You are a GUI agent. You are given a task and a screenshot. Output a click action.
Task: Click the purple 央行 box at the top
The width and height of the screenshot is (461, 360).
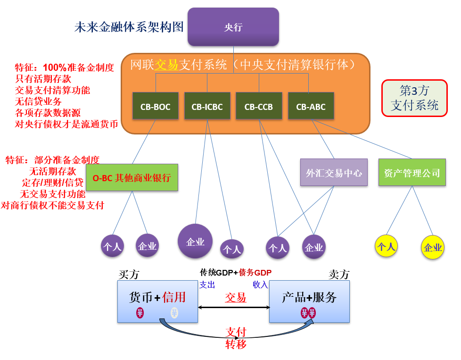coord(233,27)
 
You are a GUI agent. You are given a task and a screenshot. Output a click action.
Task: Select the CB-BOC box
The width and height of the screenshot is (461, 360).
coord(155,107)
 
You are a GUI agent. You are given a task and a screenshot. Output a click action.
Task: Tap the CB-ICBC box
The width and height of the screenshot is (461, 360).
coord(207,107)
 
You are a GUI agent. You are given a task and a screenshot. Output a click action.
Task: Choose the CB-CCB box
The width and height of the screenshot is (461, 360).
coord(259,107)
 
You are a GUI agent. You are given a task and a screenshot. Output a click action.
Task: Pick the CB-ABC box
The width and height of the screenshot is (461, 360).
coord(311,107)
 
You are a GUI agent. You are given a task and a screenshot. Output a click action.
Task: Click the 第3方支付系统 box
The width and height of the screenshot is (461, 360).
coord(414,98)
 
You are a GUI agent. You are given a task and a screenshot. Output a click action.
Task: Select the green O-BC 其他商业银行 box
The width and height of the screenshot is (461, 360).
coord(132,178)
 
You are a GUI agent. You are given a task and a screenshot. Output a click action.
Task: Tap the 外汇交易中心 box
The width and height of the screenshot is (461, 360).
coord(334,173)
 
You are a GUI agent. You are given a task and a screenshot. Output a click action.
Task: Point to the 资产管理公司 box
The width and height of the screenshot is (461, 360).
coord(412,173)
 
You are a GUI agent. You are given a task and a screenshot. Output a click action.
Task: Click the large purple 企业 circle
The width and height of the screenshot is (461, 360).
coord(195,242)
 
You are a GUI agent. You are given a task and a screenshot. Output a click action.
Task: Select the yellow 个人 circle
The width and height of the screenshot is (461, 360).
coord(386,246)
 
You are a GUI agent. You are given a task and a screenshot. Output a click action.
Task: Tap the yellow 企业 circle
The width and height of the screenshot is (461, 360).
coord(433,247)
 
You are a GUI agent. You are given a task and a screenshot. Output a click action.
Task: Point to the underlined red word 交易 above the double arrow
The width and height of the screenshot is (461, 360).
coord(235,297)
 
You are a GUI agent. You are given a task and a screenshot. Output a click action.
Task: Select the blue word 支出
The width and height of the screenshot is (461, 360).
coord(207,285)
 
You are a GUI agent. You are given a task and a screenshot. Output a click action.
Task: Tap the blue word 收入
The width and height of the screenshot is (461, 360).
coord(260,285)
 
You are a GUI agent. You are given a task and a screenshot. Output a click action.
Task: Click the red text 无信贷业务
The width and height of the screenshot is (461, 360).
coord(38,101)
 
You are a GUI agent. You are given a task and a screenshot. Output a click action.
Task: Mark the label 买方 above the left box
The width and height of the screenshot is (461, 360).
coord(129,275)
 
